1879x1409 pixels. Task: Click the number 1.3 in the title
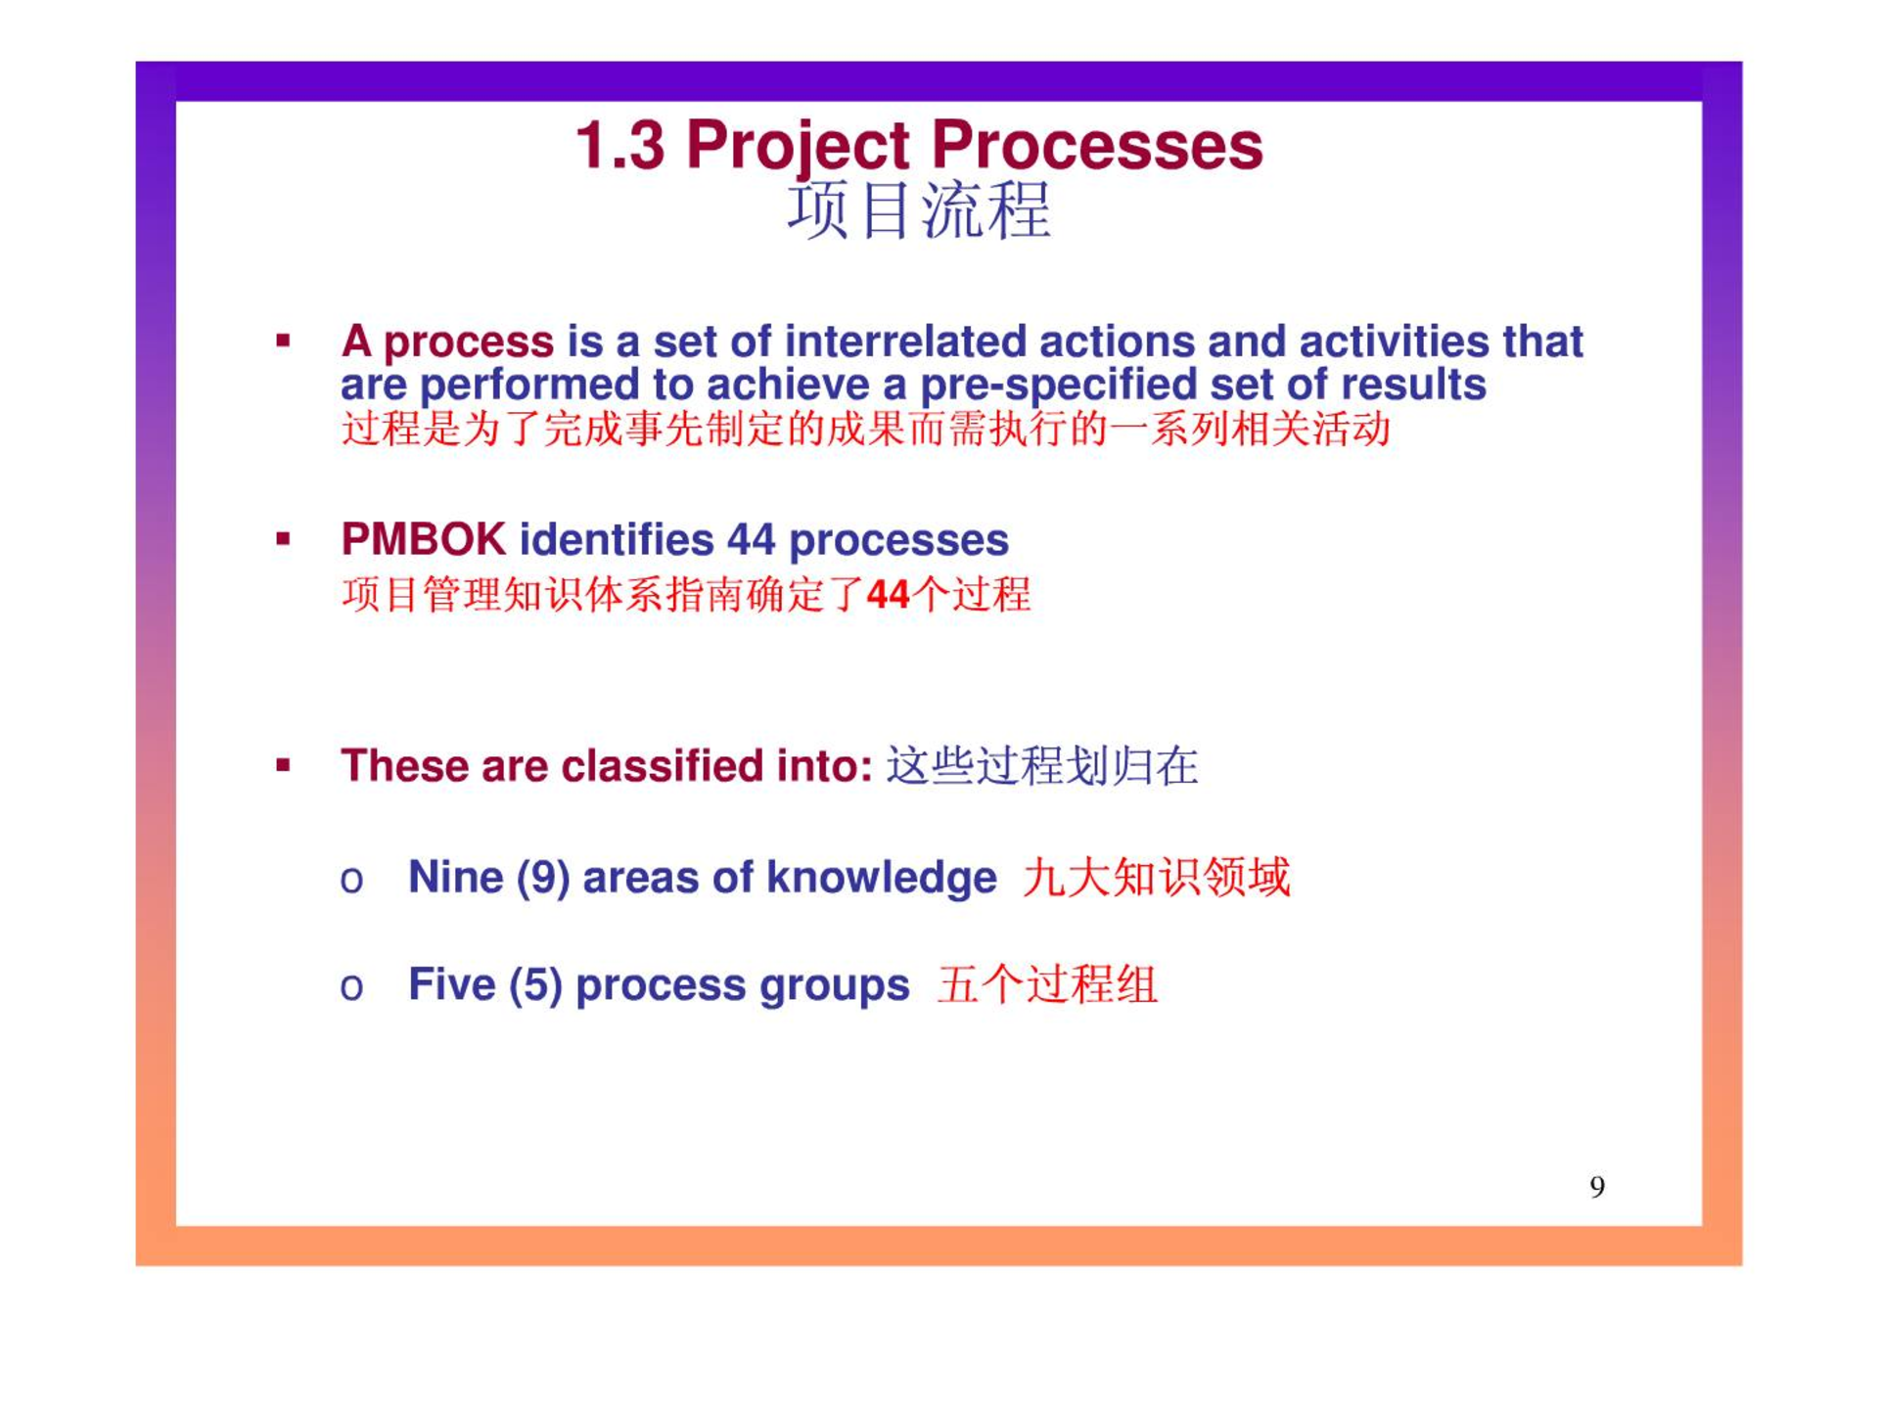tap(620, 146)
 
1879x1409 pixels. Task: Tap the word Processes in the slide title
tap(1096, 146)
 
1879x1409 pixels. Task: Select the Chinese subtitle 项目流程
tap(919, 211)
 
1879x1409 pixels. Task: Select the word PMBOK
tap(423, 539)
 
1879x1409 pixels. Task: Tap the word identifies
tap(617, 539)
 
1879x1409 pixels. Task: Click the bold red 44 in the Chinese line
tap(889, 595)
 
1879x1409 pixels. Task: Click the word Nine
tap(455, 877)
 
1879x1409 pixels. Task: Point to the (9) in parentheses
tap(543, 878)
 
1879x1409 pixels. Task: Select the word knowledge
tap(882, 878)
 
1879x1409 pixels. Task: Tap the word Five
tap(451, 984)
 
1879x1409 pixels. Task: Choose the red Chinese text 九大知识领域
tap(1157, 877)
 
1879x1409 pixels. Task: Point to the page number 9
tap(1597, 1187)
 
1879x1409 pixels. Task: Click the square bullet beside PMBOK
tap(283, 539)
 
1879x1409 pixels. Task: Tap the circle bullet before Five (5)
tap(351, 987)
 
